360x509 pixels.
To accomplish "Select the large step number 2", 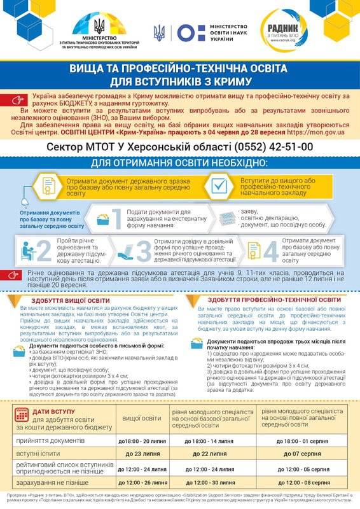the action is pos(44,251).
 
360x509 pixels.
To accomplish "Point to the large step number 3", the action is pos(144,251).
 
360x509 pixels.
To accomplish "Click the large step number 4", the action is pos(271,251).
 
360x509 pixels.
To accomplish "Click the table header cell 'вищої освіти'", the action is pos(141,418).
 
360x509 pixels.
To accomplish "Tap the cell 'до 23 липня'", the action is pos(142,454).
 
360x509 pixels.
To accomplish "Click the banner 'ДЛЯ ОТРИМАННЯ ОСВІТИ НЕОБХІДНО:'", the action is pos(180,163).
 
